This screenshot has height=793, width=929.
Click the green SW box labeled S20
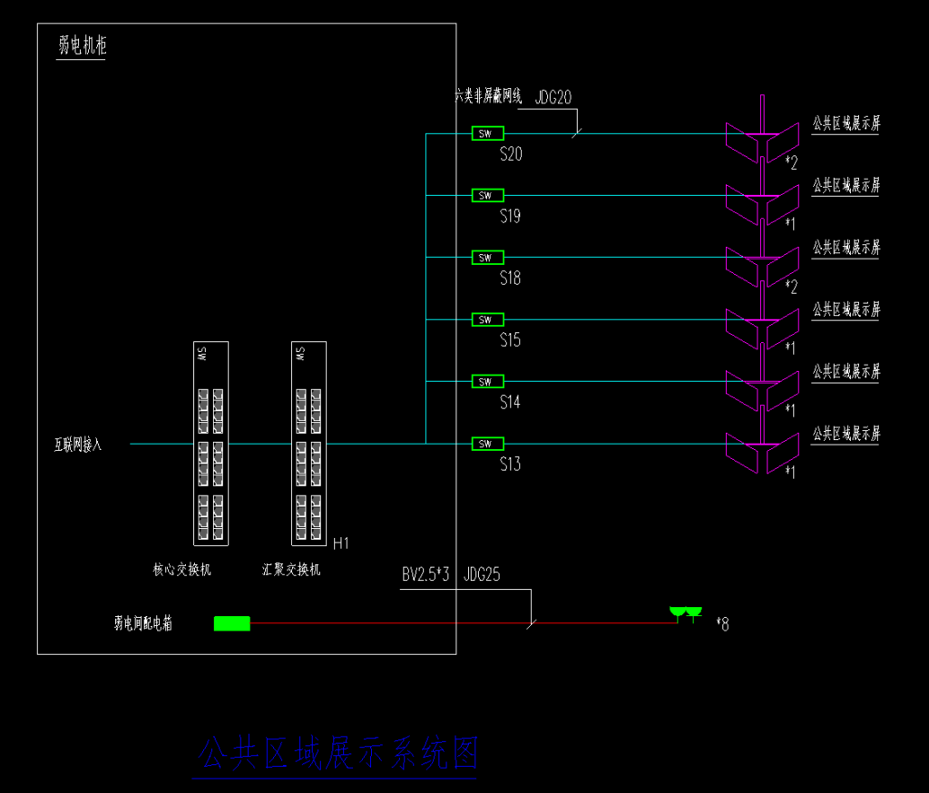click(487, 133)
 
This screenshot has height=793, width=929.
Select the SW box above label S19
click(487, 195)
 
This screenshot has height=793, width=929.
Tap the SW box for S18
click(487, 258)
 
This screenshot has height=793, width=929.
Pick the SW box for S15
click(487, 319)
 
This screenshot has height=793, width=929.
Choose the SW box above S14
click(487, 381)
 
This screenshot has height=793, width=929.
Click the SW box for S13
click(487, 444)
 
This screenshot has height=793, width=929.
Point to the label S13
click(511, 465)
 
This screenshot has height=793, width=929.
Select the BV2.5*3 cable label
click(426, 574)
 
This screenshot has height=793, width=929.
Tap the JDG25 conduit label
click(483, 574)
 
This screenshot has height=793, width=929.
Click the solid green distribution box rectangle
click(231, 623)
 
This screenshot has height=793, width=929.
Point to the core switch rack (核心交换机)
click(210, 444)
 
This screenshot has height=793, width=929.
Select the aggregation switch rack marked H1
click(308, 444)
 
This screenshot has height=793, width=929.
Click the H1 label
click(341, 543)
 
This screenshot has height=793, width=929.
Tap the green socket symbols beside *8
click(686, 614)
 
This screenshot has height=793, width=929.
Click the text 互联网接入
click(77, 445)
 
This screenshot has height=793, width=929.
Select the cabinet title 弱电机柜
click(82, 46)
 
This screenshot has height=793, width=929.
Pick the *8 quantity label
click(722, 623)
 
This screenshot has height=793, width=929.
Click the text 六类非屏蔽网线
click(488, 94)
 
